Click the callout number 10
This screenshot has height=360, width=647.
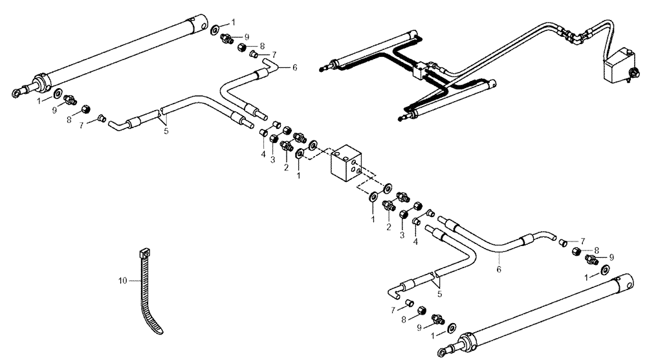[x=122, y=280]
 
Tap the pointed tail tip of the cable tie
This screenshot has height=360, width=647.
[x=160, y=332]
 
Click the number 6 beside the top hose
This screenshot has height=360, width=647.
[x=295, y=67]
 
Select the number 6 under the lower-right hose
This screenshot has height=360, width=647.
[x=498, y=267]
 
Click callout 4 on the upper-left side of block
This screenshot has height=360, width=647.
[x=263, y=153]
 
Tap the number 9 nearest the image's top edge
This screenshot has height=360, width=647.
[x=247, y=37]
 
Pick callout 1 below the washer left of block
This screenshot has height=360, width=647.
[x=298, y=175]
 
